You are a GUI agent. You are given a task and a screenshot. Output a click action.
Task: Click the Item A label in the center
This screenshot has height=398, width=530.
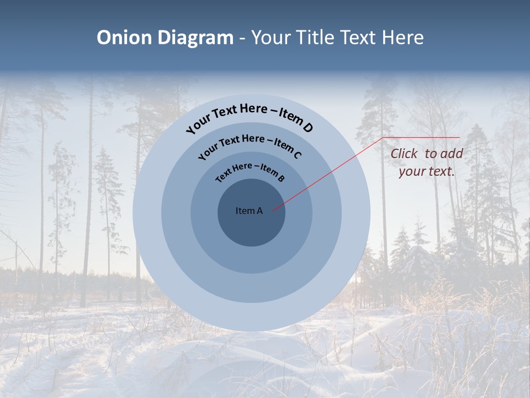[249, 211]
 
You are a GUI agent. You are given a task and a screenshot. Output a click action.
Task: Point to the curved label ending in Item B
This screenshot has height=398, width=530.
[250, 172]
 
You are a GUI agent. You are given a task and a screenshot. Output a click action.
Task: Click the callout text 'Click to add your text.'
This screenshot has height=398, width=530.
[427, 163]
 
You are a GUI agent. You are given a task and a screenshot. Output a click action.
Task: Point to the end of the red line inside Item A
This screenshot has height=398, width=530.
[272, 211]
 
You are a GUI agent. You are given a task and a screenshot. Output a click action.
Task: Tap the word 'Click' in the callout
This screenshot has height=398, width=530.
[404, 154]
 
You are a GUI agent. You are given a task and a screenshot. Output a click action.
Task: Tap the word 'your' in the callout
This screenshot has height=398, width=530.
[411, 172]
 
